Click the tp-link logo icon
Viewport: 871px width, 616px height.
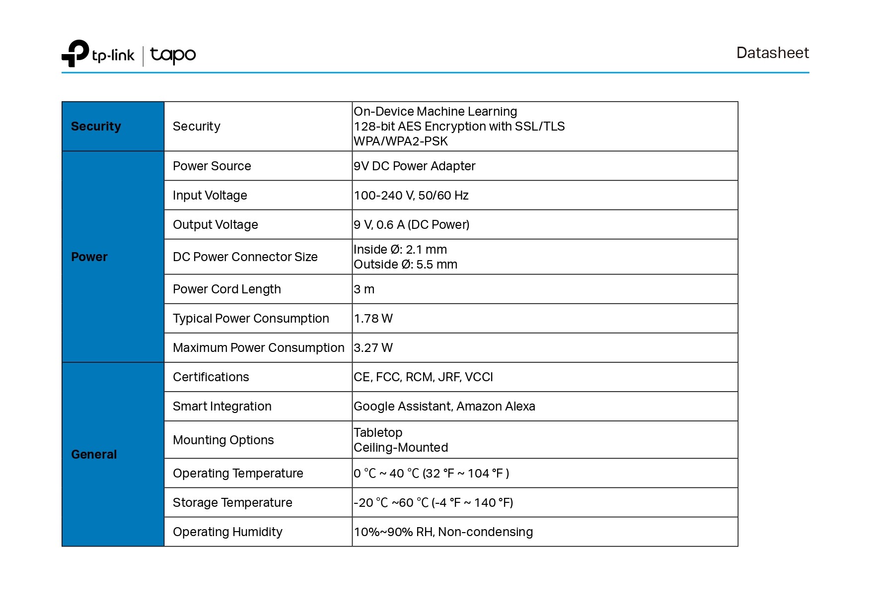click(x=75, y=53)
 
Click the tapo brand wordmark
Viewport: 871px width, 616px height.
click(x=173, y=55)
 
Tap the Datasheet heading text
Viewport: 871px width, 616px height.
click(x=772, y=53)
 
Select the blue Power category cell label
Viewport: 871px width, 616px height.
click(x=89, y=257)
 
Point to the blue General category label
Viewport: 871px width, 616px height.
click(x=94, y=454)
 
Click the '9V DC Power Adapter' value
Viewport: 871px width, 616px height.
click(x=414, y=166)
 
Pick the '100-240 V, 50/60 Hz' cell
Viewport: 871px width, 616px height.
click(x=411, y=195)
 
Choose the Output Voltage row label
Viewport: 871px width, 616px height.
click(x=215, y=224)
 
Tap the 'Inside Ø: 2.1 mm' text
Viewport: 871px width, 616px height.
click(x=400, y=249)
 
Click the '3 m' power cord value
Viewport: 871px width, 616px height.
click(x=364, y=289)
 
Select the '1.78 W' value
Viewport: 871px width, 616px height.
click(x=373, y=318)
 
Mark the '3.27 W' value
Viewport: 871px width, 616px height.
click(x=373, y=347)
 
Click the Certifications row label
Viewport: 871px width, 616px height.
click(x=211, y=377)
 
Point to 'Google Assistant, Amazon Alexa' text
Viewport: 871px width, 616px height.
click(x=444, y=406)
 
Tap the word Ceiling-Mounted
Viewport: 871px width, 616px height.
click(x=401, y=447)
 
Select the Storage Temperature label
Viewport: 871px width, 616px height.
click(x=232, y=502)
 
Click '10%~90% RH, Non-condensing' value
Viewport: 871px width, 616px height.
click(x=443, y=532)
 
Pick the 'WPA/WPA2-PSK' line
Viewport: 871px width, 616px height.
click(x=401, y=141)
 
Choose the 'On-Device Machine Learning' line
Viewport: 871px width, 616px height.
click(x=435, y=111)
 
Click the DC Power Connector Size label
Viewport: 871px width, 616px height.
click(x=245, y=257)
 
